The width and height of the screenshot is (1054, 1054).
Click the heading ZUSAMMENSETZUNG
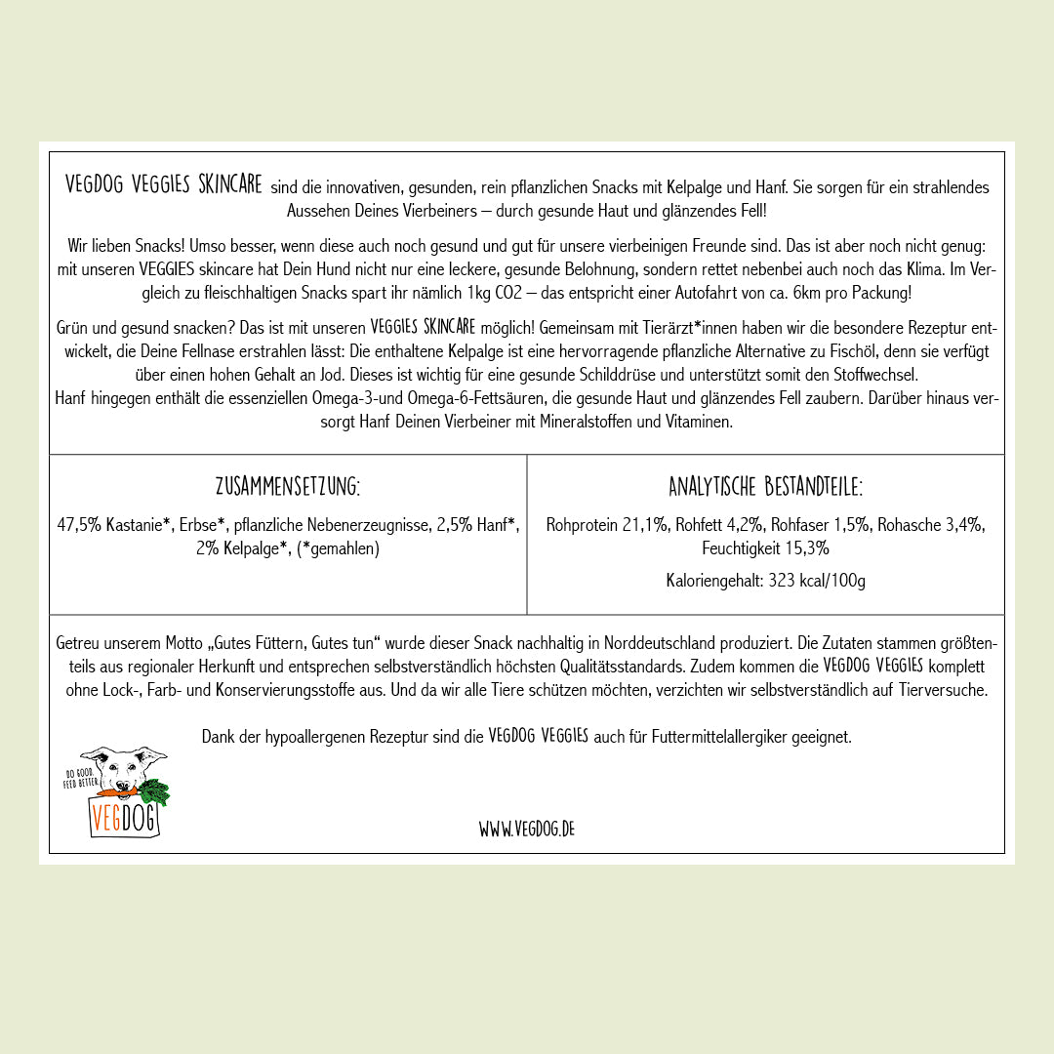click(x=288, y=486)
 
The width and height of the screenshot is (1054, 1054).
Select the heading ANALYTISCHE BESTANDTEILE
click(x=765, y=486)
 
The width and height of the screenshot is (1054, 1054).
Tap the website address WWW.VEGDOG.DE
click(x=526, y=829)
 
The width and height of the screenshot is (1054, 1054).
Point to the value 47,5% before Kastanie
click(x=78, y=525)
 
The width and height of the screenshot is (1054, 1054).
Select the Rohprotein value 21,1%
click(x=646, y=525)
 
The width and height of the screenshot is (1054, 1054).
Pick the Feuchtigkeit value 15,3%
click(x=806, y=548)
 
